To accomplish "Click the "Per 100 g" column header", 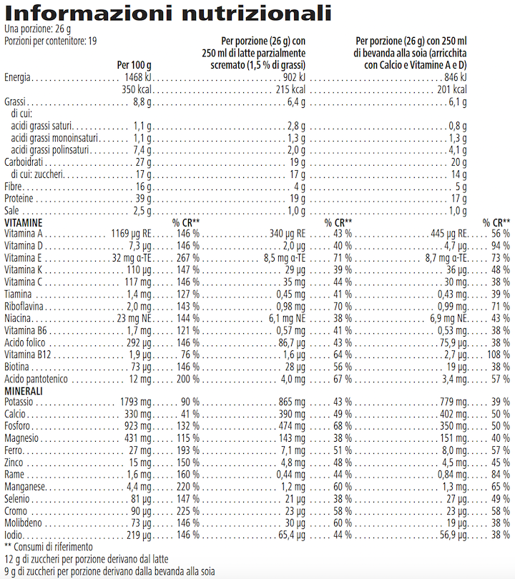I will click(x=134, y=65).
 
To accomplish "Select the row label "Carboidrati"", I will click(x=21, y=162).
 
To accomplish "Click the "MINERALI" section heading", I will click(x=24, y=391).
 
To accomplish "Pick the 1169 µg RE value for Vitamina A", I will click(x=131, y=233).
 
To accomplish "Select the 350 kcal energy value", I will click(x=136, y=89).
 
